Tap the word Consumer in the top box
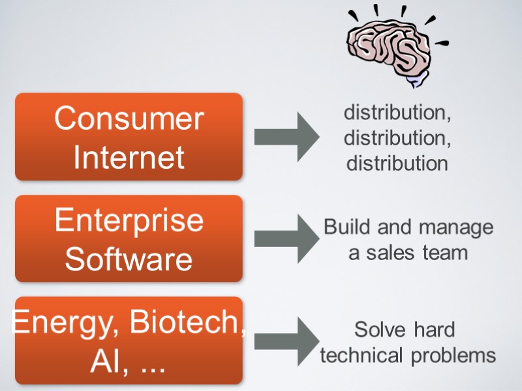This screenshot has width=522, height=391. pyautogui.click(x=129, y=119)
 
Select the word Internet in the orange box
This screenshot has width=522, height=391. pyautogui.click(x=129, y=157)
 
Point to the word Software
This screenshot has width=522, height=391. pyautogui.click(x=129, y=259)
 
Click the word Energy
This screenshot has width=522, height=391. pyautogui.click(x=62, y=322)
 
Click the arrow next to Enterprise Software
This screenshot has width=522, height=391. pyautogui.click(x=287, y=239)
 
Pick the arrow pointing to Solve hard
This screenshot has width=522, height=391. pyautogui.click(x=287, y=341)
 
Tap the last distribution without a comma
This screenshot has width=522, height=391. pyautogui.click(x=397, y=163)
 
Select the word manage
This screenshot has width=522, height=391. pyautogui.click(x=456, y=227)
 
